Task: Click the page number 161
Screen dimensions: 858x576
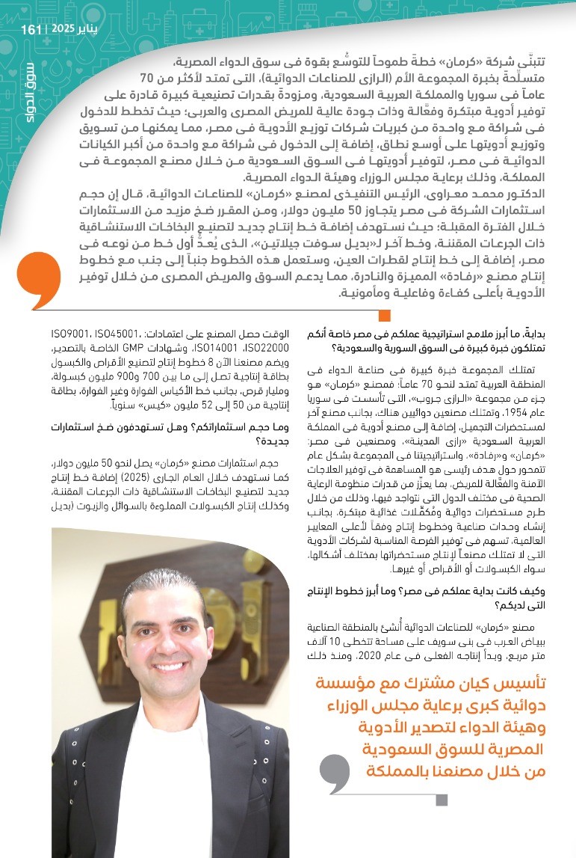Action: coord(31,29)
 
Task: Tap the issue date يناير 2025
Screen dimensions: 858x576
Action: coord(70,29)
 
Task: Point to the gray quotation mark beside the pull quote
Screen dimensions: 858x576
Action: coord(333,773)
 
